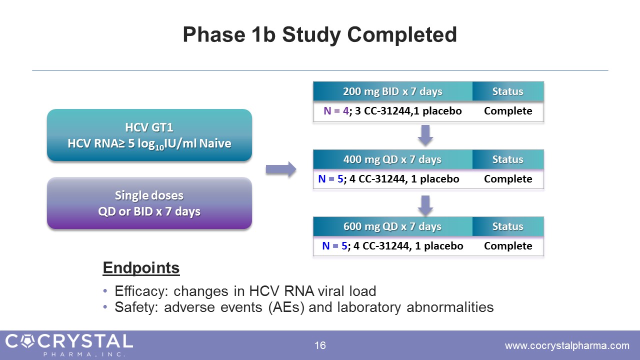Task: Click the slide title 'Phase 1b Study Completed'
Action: click(319, 35)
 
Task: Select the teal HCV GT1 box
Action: click(149, 135)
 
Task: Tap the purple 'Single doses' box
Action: click(149, 203)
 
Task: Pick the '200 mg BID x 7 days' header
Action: click(392, 91)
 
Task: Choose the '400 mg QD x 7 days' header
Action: click(392, 159)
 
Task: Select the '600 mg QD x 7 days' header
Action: click(392, 226)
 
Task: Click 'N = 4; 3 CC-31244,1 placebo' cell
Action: click(392, 111)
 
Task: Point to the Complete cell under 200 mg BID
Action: click(508, 111)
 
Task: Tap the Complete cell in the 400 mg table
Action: click(508, 179)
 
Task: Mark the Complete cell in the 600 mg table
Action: click(508, 246)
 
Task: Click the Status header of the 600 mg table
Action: click(508, 226)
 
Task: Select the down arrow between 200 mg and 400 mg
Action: click(425, 134)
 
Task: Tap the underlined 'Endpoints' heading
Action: click(141, 268)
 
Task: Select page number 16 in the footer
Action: click(320, 345)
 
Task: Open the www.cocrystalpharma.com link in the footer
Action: click(567, 345)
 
